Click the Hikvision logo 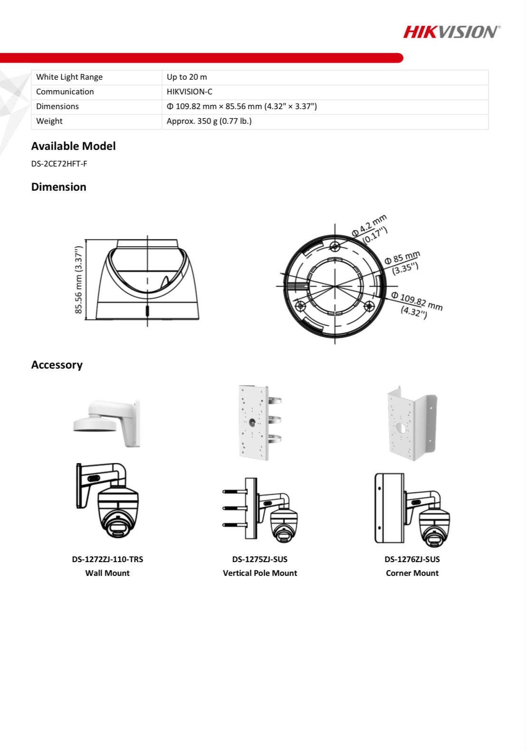tap(451, 32)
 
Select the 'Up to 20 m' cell tap(187, 77)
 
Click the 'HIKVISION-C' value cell tap(189, 92)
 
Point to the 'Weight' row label tap(49, 121)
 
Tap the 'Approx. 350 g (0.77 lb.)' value tap(209, 121)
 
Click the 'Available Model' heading tap(73, 146)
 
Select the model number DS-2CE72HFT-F tap(59, 164)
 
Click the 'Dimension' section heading tap(59, 187)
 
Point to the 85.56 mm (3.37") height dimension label tap(79, 280)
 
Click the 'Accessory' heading tap(57, 365)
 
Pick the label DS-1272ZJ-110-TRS tap(107, 559)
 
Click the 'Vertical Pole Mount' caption tap(260, 573)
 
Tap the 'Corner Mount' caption tap(412, 573)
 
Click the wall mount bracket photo tap(108, 423)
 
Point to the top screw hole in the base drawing tap(335, 246)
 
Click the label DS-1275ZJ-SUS tap(260, 559)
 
